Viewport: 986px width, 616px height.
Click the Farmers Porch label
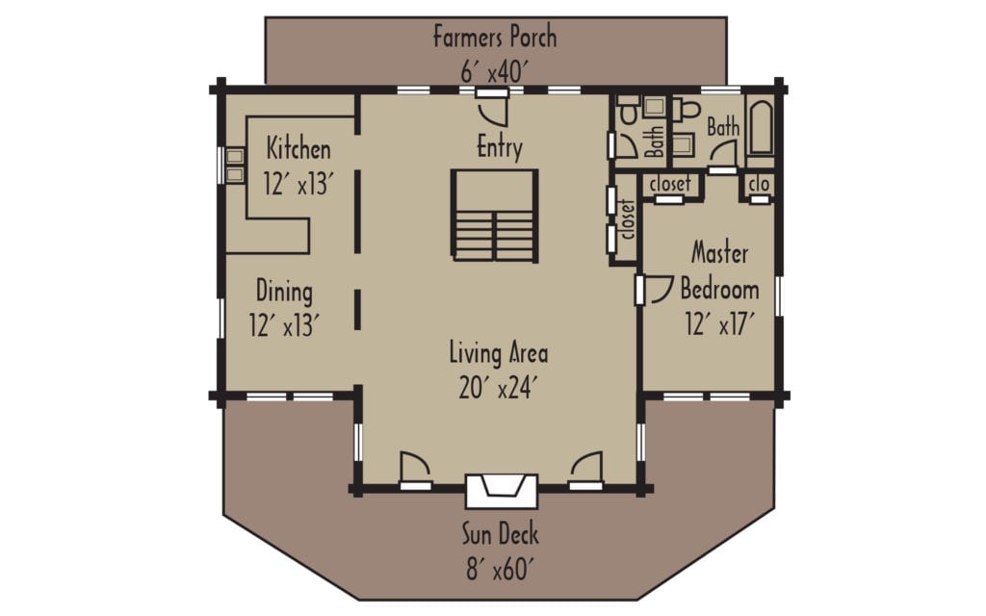pyautogui.click(x=494, y=38)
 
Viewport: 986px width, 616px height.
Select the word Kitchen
pyautogui.click(x=298, y=150)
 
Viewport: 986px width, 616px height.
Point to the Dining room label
pyautogui.click(x=284, y=291)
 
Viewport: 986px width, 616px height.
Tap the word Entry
pyautogui.click(x=500, y=148)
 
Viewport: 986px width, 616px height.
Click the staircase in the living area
pyautogui.click(x=495, y=215)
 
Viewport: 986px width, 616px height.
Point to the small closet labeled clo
pyautogui.click(x=759, y=183)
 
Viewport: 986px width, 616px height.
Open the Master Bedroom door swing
pyautogui.click(x=660, y=290)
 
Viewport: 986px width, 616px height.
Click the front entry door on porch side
pyautogui.click(x=492, y=108)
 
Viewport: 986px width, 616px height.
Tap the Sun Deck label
pyautogui.click(x=499, y=535)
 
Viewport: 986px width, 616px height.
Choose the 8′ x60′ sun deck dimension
pyautogui.click(x=499, y=569)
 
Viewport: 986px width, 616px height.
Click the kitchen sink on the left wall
pyautogui.click(x=234, y=165)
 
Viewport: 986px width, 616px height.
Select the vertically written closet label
pyautogui.click(x=627, y=218)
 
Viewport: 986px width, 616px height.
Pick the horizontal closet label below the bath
pyautogui.click(x=670, y=184)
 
